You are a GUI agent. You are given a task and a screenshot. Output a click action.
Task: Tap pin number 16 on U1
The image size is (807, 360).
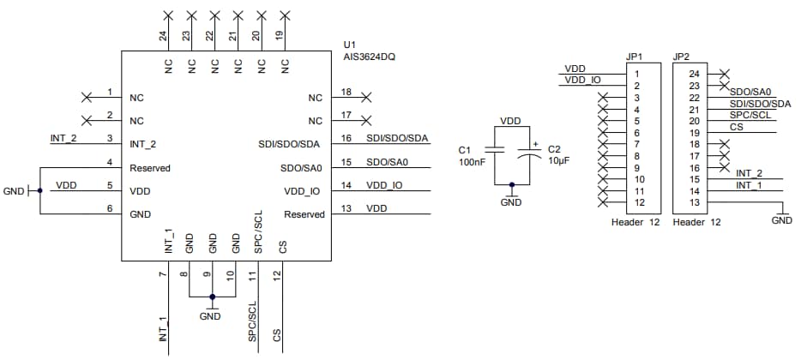click(x=346, y=139)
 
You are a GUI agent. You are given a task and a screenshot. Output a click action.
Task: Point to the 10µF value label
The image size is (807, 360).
click(x=560, y=160)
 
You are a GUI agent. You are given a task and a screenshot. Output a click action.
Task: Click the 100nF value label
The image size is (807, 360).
click(x=473, y=160)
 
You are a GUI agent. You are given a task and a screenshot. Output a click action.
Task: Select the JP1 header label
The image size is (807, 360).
click(x=635, y=57)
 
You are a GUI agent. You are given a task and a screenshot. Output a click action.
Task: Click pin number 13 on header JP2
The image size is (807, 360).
click(x=695, y=202)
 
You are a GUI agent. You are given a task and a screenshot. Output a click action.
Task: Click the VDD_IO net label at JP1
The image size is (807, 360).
click(x=582, y=81)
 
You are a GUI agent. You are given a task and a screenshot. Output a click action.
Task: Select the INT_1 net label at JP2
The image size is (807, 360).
click(x=749, y=185)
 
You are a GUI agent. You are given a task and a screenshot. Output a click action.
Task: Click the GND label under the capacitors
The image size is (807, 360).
click(x=511, y=203)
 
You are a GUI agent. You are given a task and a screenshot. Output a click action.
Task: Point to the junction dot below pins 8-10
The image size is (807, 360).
click(x=212, y=297)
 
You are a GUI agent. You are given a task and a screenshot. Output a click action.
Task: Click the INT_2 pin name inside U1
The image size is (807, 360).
click(x=143, y=143)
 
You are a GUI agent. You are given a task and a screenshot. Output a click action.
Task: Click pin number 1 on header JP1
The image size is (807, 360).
click(x=636, y=75)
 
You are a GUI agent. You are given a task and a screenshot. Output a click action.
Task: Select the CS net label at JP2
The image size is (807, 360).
click(x=736, y=127)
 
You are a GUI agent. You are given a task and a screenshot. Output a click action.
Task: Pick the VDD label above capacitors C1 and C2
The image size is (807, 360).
click(x=510, y=121)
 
